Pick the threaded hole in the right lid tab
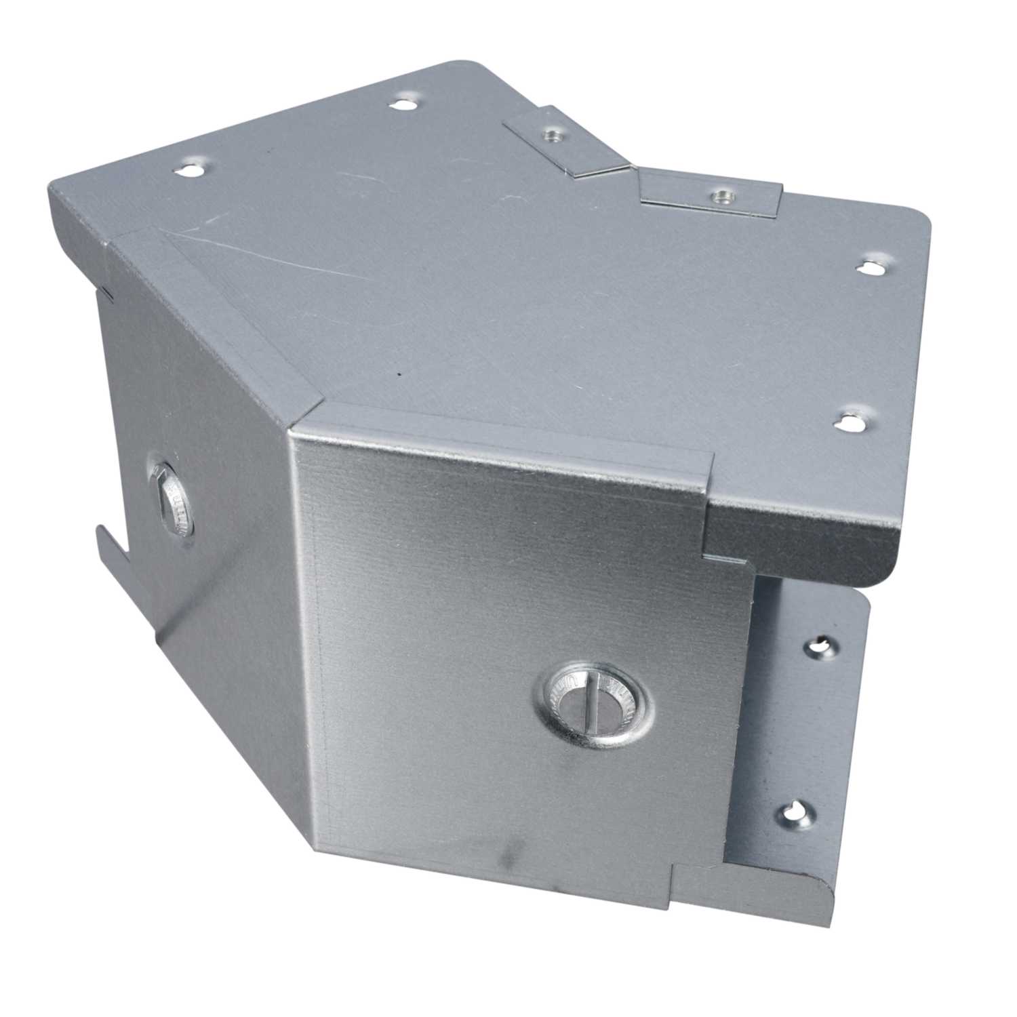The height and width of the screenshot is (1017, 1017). pos(718,196)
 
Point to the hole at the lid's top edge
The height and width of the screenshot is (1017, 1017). pos(403,104)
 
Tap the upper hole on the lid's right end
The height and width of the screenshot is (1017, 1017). pos(870,267)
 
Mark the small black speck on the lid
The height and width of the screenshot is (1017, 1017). pos(400,372)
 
